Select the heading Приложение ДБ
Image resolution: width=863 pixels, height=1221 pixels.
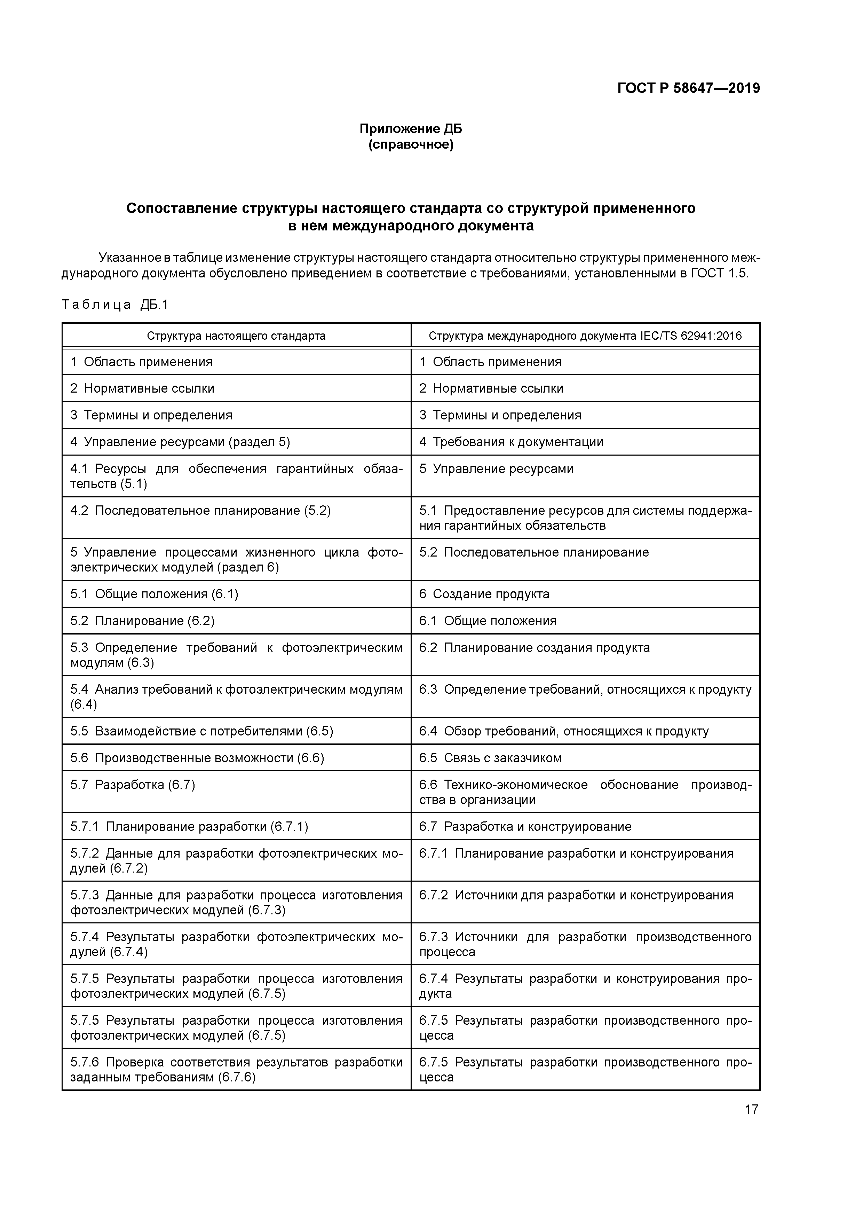tap(411, 129)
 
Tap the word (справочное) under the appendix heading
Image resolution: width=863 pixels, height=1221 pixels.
tap(411, 145)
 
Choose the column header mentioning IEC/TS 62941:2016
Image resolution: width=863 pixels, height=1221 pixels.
tap(585, 336)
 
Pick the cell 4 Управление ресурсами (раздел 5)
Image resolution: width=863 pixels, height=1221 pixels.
tap(180, 442)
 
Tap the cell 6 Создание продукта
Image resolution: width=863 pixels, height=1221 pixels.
tap(484, 594)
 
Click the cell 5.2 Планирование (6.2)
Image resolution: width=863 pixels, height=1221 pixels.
tap(143, 621)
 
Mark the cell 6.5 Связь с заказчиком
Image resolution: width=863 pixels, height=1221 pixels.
tap(490, 758)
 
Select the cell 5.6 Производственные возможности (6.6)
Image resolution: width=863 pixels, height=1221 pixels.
tap(197, 758)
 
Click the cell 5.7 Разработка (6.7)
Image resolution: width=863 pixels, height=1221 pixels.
tap(133, 785)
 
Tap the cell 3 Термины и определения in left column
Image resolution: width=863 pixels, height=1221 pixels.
tap(151, 415)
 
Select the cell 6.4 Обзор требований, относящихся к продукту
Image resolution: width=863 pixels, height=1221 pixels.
tap(564, 731)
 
